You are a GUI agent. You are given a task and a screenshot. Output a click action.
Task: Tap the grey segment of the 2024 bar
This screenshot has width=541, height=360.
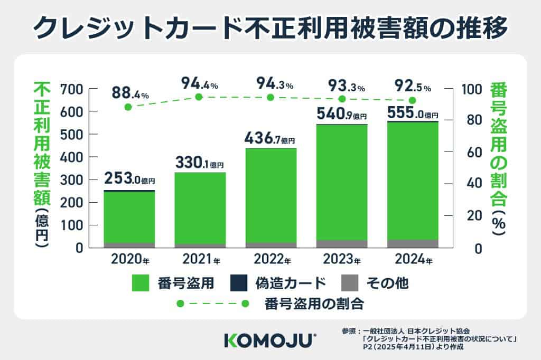(x=413, y=243)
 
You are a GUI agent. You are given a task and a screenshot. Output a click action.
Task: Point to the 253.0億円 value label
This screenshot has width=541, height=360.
(x=129, y=178)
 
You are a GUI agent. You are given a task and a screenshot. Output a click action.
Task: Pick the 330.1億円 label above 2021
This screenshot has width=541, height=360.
(x=200, y=163)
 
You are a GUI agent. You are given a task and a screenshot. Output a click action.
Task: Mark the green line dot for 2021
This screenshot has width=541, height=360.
(x=199, y=97)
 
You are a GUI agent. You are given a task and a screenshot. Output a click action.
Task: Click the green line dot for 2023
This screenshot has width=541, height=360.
(x=342, y=99)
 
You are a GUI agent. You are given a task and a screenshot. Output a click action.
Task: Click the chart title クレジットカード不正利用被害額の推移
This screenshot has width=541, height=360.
(x=270, y=27)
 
